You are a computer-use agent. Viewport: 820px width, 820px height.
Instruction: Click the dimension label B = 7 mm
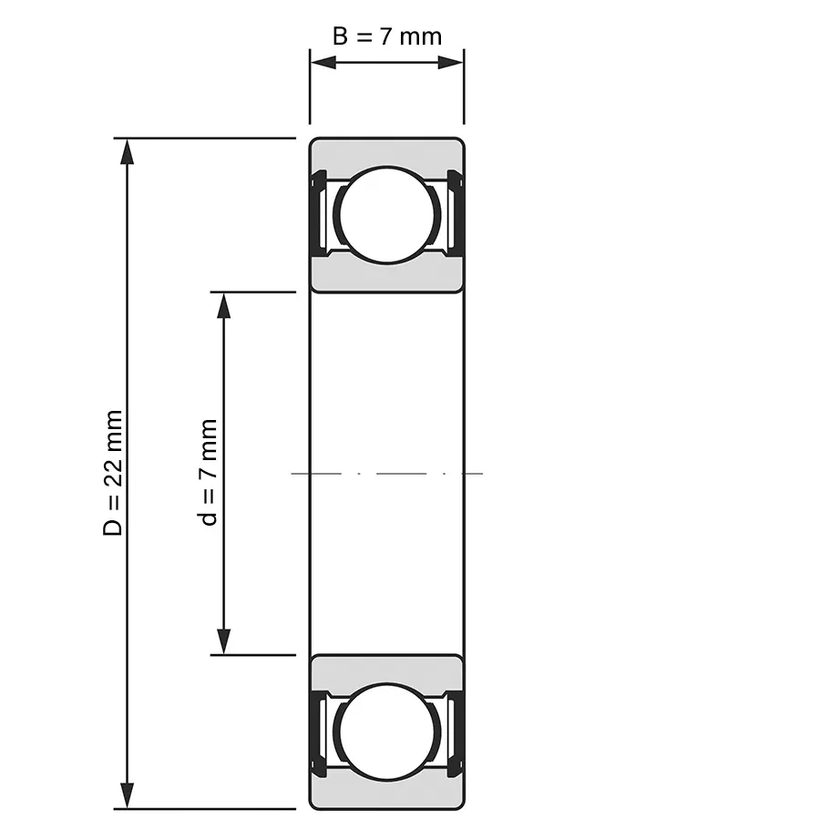(387, 36)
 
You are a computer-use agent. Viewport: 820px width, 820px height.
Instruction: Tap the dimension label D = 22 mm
(112, 473)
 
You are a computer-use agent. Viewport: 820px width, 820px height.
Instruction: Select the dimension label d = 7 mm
(208, 472)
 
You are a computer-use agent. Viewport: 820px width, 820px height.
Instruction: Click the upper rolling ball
(387, 215)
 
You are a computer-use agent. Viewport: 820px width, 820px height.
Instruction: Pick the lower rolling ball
(387, 732)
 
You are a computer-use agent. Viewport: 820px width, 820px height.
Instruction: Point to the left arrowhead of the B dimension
(323, 63)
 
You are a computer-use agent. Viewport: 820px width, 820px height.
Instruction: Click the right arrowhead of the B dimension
(450, 63)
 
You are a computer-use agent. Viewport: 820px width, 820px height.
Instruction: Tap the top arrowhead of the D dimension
(127, 152)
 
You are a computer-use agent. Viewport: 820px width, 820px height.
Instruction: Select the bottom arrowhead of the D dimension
(127, 795)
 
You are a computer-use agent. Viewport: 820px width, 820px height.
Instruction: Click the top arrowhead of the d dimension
(224, 306)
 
